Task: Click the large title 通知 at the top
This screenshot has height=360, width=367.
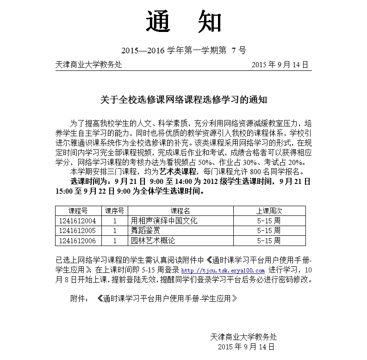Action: pyautogui.click(x=184, y=22)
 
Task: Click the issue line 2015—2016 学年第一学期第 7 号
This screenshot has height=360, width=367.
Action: pyautogui.click(x=183, y=51)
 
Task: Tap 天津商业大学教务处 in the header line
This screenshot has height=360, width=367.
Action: pyautogui.click(x=88, y=64)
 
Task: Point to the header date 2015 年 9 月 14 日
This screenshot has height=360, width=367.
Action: pyautogui.click(x=280, y=64)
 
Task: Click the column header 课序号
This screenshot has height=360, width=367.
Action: pyautogui.click(x=114, y=211)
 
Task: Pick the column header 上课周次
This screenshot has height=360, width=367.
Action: pyautogui.click(x=268, y=211)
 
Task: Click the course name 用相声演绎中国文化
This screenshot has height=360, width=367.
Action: pyautogui.click(x=164, y=221)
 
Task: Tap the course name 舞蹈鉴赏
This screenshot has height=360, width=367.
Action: pyautogui.click(x=145, y=230)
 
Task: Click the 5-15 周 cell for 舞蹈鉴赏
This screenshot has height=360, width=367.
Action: pyautogui.click(x=268, y=230)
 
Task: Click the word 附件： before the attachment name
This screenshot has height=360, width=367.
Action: pyautogui.click(x=79, y=299)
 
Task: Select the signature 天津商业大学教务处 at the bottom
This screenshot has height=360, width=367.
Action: pyautogui.click(x=243, y=336)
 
